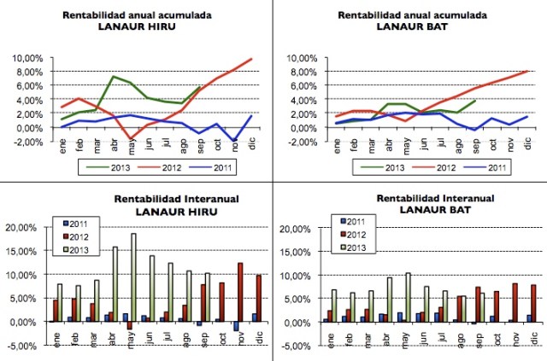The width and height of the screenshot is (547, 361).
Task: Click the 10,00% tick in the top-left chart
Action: click(x=32, y=57)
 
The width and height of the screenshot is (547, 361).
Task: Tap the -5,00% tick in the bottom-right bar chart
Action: click(x=294, y=346)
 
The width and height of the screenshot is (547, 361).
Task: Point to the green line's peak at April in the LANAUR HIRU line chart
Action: click(x=114, y=77)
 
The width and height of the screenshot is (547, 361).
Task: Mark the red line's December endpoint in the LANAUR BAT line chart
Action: click(x=528, y=71)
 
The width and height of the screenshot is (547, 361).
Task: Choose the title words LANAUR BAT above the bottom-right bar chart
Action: click(x=409, y=207)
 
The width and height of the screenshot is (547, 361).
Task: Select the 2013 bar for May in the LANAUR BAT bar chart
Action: click(x=408, y=298)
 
